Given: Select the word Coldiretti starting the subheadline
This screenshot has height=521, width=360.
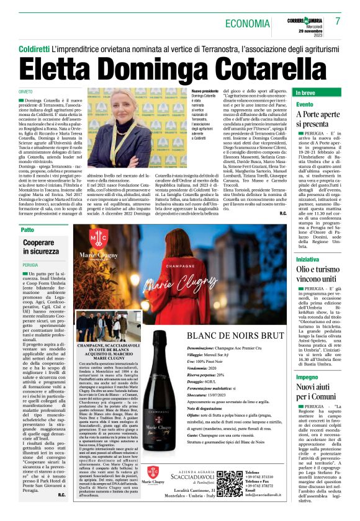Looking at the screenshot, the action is [34, 48].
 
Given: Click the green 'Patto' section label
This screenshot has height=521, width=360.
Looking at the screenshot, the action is [28, 229].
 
